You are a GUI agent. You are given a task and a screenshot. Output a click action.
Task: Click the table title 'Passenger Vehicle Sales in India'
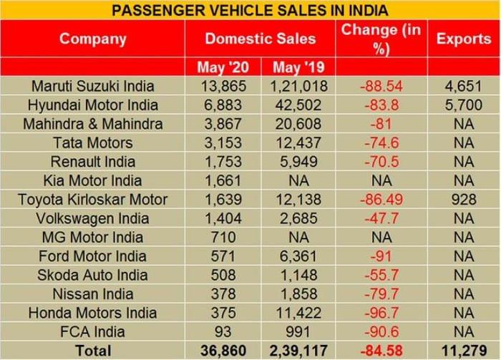(250, 10)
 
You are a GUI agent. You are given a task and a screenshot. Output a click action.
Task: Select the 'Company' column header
(92, 39)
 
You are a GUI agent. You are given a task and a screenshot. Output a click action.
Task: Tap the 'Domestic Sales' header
(260, 39)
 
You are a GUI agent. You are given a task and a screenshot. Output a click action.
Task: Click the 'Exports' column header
(464, 39)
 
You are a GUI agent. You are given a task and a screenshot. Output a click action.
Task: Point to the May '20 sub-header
(223, 68)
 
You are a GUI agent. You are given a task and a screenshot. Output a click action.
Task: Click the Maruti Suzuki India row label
(92, 87)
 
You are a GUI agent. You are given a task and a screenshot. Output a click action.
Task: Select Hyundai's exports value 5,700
(464, 105)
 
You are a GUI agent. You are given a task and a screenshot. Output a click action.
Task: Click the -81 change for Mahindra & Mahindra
(381, 125)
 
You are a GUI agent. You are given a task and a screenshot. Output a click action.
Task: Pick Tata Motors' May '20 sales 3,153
(223, 143)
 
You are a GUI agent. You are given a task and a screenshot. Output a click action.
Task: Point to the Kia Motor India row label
(92, 181)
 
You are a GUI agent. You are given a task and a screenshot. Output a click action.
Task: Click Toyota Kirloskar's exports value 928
(464, 200)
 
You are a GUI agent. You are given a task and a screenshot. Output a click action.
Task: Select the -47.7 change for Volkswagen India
(381, 219)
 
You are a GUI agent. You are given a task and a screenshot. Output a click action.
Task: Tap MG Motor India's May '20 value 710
(223, 238)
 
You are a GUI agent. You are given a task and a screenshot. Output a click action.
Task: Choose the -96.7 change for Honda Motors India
(381, 313)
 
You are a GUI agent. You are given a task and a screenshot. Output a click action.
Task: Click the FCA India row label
(92, 332)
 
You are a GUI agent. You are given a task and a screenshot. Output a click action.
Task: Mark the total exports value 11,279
(464, 351)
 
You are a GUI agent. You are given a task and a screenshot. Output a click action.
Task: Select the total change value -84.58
(381, 351)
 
